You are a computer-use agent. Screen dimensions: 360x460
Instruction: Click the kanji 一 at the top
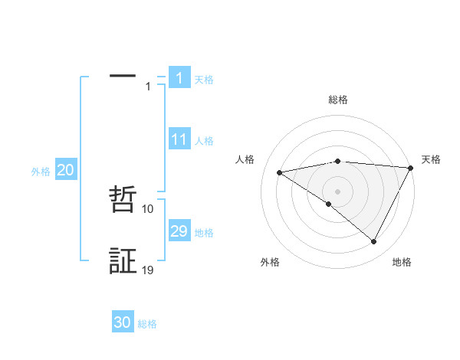pyautogui.click(x=123, y=76)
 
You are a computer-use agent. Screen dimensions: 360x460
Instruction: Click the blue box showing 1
pyautogui.click(x=179, y=78)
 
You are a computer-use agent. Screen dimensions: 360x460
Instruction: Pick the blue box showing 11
pyautogui.click(x=179, y=139)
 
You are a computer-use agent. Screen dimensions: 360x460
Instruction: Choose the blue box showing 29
pyautogui.click(x=179, y=231)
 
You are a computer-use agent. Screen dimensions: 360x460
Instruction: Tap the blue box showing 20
pyautogui.click(x=65, y=171)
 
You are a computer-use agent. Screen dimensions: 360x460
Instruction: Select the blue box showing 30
pyautogui.click(x=123, y=323)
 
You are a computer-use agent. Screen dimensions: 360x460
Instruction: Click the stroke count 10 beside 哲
pyautogui.click(x=148, y=208)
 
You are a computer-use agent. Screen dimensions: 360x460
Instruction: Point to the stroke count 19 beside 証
pyautogui.click(x=148, y=270)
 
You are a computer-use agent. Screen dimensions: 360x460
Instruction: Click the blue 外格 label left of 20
pyautogui.click(x=41, y=172)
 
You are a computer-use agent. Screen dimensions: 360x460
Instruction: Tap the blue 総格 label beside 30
pyautogui.click(x=147, y=324)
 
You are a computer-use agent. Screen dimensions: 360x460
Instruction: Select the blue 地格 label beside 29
pyautogui.click(x=204, y=233)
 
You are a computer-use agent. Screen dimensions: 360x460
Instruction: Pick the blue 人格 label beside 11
pyautogui.click(x=204, y=141)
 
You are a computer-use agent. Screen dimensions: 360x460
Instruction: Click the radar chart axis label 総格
pyautogui.click(x=337, y=100)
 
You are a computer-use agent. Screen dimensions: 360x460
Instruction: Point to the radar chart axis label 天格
pyautogui.click(x=431, y=159)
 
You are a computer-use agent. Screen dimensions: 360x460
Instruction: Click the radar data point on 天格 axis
pyautogui.click(x=411, y=168)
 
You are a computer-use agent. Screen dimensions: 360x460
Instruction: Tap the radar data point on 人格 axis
pyautogui.click(x=280, y=172)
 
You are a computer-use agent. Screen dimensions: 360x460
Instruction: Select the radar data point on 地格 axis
pyautogui.click(x=374, y=242)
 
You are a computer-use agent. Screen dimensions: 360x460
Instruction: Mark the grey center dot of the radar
pyautogui.click(x=337, y=191)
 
